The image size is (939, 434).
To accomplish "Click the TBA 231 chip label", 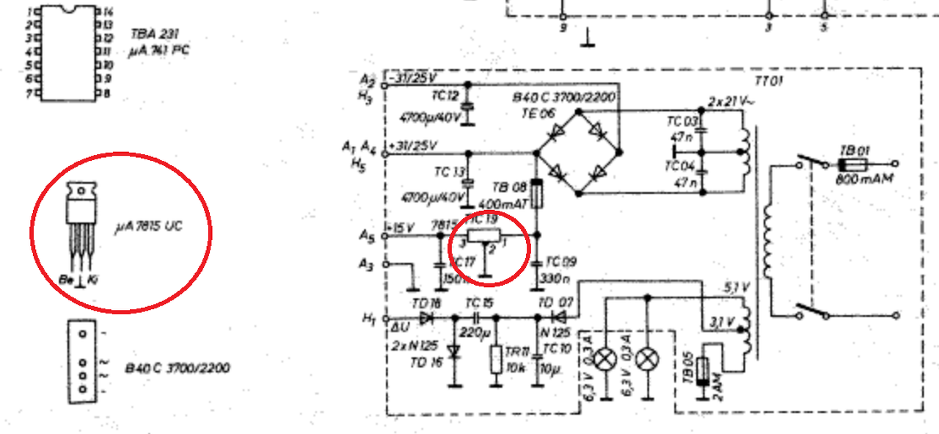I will [155, 33].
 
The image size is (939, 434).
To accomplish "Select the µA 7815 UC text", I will [148, 226].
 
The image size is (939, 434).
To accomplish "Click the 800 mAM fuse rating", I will [863, 178].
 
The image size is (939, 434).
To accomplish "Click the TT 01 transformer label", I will [770, 79].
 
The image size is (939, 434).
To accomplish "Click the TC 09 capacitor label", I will [560, 261].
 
